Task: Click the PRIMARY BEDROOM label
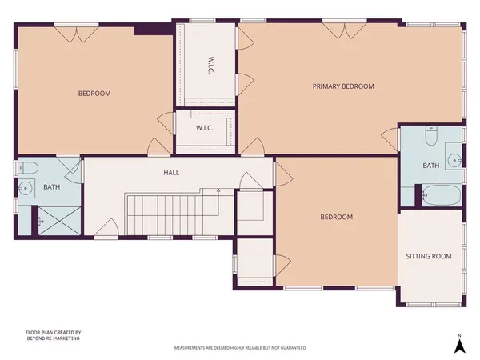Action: click(343, 86)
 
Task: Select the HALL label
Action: click(171, 172)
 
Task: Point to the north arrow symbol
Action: click(459, 345)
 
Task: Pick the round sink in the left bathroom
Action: click(26, 190)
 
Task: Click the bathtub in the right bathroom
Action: click(441, 194)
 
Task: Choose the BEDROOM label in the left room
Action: click(94, 94)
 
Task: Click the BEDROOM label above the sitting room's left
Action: click(336, 217)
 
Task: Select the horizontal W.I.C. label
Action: click(204, 128)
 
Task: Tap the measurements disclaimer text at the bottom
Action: click(239, 348)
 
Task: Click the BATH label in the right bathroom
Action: click(431, 166)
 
